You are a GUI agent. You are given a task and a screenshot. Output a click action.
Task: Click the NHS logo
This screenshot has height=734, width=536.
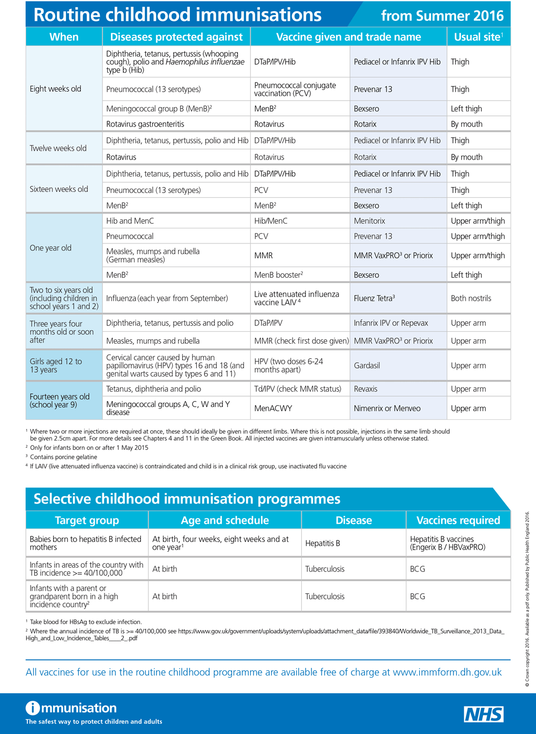[483, 714]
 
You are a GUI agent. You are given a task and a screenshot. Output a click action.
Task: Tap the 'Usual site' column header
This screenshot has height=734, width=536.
[478, 37]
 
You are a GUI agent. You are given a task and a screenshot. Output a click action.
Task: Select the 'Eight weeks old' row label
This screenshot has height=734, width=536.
[56, 89]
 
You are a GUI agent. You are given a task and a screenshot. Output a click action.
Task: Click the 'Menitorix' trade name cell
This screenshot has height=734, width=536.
[370, 221]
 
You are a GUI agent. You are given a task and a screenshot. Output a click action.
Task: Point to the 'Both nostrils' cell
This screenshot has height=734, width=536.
[471, 299]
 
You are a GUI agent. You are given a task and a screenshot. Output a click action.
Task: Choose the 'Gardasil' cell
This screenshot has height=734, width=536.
[367, 366]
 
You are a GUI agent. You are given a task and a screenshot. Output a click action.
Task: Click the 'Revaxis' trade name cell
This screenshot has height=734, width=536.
[366, 389]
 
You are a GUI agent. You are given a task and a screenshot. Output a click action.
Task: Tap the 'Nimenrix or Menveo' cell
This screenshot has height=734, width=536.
[387, 409]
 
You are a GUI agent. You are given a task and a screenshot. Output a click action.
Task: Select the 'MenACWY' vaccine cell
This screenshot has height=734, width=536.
[273, 409]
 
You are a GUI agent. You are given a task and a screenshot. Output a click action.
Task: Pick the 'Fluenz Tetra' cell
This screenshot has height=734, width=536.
[374, 299]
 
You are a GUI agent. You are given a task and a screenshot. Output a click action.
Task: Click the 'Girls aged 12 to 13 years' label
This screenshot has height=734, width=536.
[56, 366]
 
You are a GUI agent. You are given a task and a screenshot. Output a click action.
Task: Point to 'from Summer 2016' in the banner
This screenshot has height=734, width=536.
[442, 16]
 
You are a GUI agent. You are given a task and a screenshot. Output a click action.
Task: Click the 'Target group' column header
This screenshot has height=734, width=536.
[87, 520]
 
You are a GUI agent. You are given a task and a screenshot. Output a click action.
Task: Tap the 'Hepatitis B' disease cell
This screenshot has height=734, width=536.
[323, 544]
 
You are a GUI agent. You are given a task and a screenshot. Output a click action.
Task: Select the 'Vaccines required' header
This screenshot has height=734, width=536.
[458, 520]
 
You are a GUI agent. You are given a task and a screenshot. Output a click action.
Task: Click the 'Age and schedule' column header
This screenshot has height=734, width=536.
[225, 520]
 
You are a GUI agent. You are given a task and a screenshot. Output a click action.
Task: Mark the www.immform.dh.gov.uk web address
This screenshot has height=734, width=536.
[448, 672]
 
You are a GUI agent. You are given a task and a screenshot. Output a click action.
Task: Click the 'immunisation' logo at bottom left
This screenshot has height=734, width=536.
[71, 708]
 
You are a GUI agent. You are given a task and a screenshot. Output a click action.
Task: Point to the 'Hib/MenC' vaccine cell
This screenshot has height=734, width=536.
[271, 221]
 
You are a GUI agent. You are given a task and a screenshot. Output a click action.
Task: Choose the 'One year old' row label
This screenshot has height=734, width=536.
[51, 248]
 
